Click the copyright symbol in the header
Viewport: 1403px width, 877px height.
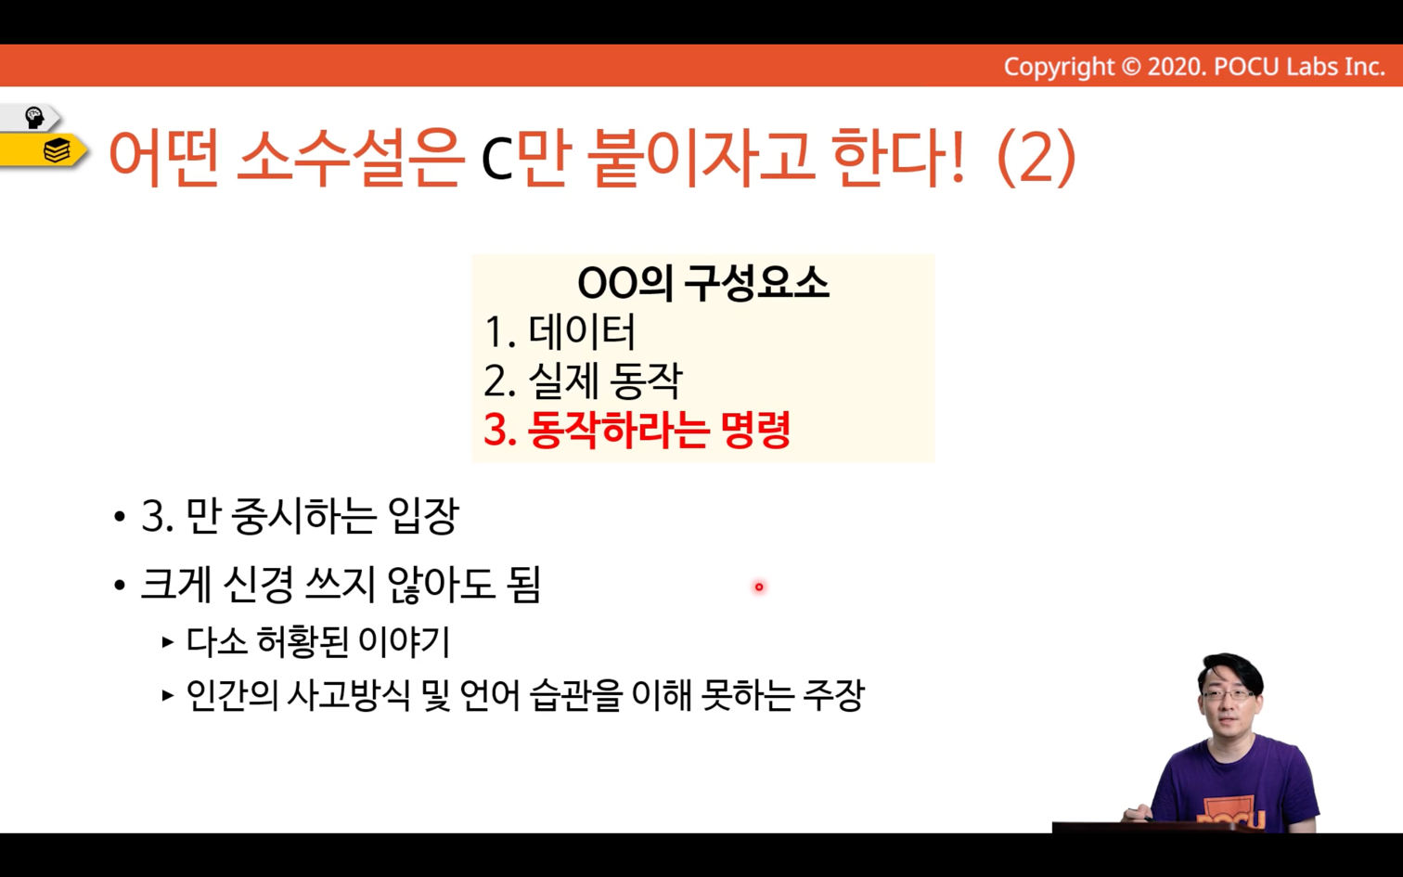1130,67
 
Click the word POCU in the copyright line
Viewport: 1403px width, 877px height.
1246,67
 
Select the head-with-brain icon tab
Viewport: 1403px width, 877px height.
33,118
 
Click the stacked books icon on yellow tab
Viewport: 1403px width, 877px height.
57,150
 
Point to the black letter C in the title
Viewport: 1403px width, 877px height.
496,161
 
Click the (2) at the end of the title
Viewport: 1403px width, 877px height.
1036,158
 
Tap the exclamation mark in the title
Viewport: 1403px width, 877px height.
957,157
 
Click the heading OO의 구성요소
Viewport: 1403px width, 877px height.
702,283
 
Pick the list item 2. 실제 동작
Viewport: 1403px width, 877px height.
583,380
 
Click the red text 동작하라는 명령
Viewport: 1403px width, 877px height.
659,430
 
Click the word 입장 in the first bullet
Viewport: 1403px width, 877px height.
424,516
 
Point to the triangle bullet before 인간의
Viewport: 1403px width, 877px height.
167,695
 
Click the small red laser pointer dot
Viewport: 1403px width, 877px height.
759,587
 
